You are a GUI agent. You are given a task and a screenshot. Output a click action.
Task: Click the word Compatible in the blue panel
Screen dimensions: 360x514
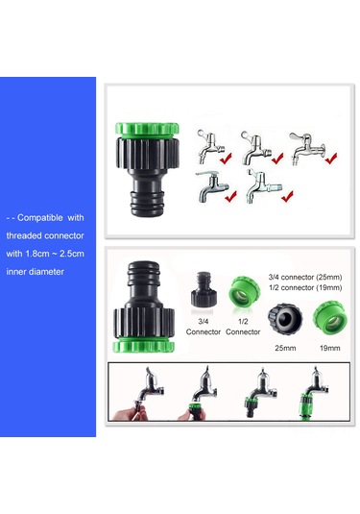[40, 218]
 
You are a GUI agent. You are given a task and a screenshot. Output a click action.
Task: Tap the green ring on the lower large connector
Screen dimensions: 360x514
[143, 345]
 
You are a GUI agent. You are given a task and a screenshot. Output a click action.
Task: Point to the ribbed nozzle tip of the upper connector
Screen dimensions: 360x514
[147, 204]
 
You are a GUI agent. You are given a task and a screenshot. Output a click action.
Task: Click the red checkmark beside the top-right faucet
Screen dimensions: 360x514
[331, 159]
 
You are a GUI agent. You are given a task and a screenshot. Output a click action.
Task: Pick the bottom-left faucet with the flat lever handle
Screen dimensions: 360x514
[211, 185]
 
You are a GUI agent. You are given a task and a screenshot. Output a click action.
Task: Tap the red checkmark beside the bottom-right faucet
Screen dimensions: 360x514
[287, 196]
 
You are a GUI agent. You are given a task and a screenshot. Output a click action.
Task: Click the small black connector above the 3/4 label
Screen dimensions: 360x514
[203, 288]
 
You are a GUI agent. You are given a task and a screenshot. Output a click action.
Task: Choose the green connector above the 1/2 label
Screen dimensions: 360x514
[244, 291]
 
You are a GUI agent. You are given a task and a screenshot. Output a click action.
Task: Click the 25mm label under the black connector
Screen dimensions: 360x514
[285, 348]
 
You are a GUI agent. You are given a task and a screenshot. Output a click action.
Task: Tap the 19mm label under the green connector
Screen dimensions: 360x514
[330, 348]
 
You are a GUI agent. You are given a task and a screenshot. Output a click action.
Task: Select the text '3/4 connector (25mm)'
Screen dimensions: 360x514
[305, 277]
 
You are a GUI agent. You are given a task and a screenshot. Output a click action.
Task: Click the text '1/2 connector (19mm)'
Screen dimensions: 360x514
[305, 287]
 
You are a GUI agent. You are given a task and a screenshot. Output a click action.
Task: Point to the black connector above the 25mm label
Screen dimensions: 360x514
[285, 318]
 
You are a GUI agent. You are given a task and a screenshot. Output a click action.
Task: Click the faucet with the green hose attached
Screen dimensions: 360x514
[314, 393]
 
